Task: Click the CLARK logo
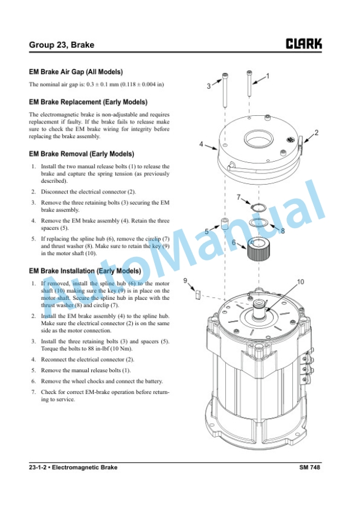click(x=304, y=44)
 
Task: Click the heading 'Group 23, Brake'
click(x=62, y=45)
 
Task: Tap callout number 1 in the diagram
click(x=267, y=76)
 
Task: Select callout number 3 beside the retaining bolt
click(x=209, y=86)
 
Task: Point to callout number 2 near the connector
click(x=316, y=132)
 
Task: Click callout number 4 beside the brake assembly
click(x=201, y=144)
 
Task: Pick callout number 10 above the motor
click(x=301, y=282)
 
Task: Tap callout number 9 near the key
click(x=185, y=280)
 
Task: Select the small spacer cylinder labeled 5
click(x=225, y=224)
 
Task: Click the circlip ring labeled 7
click(x=258, y=208)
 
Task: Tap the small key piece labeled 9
click(x=197, y=295)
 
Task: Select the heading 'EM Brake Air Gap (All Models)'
click(x=76, y=72)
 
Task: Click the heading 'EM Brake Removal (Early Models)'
click(x=81, y=154)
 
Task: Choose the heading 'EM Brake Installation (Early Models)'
click(x=85, y=271)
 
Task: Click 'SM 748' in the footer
click(x=309, y=467)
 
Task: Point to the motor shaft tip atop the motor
click(x=259, y=303)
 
